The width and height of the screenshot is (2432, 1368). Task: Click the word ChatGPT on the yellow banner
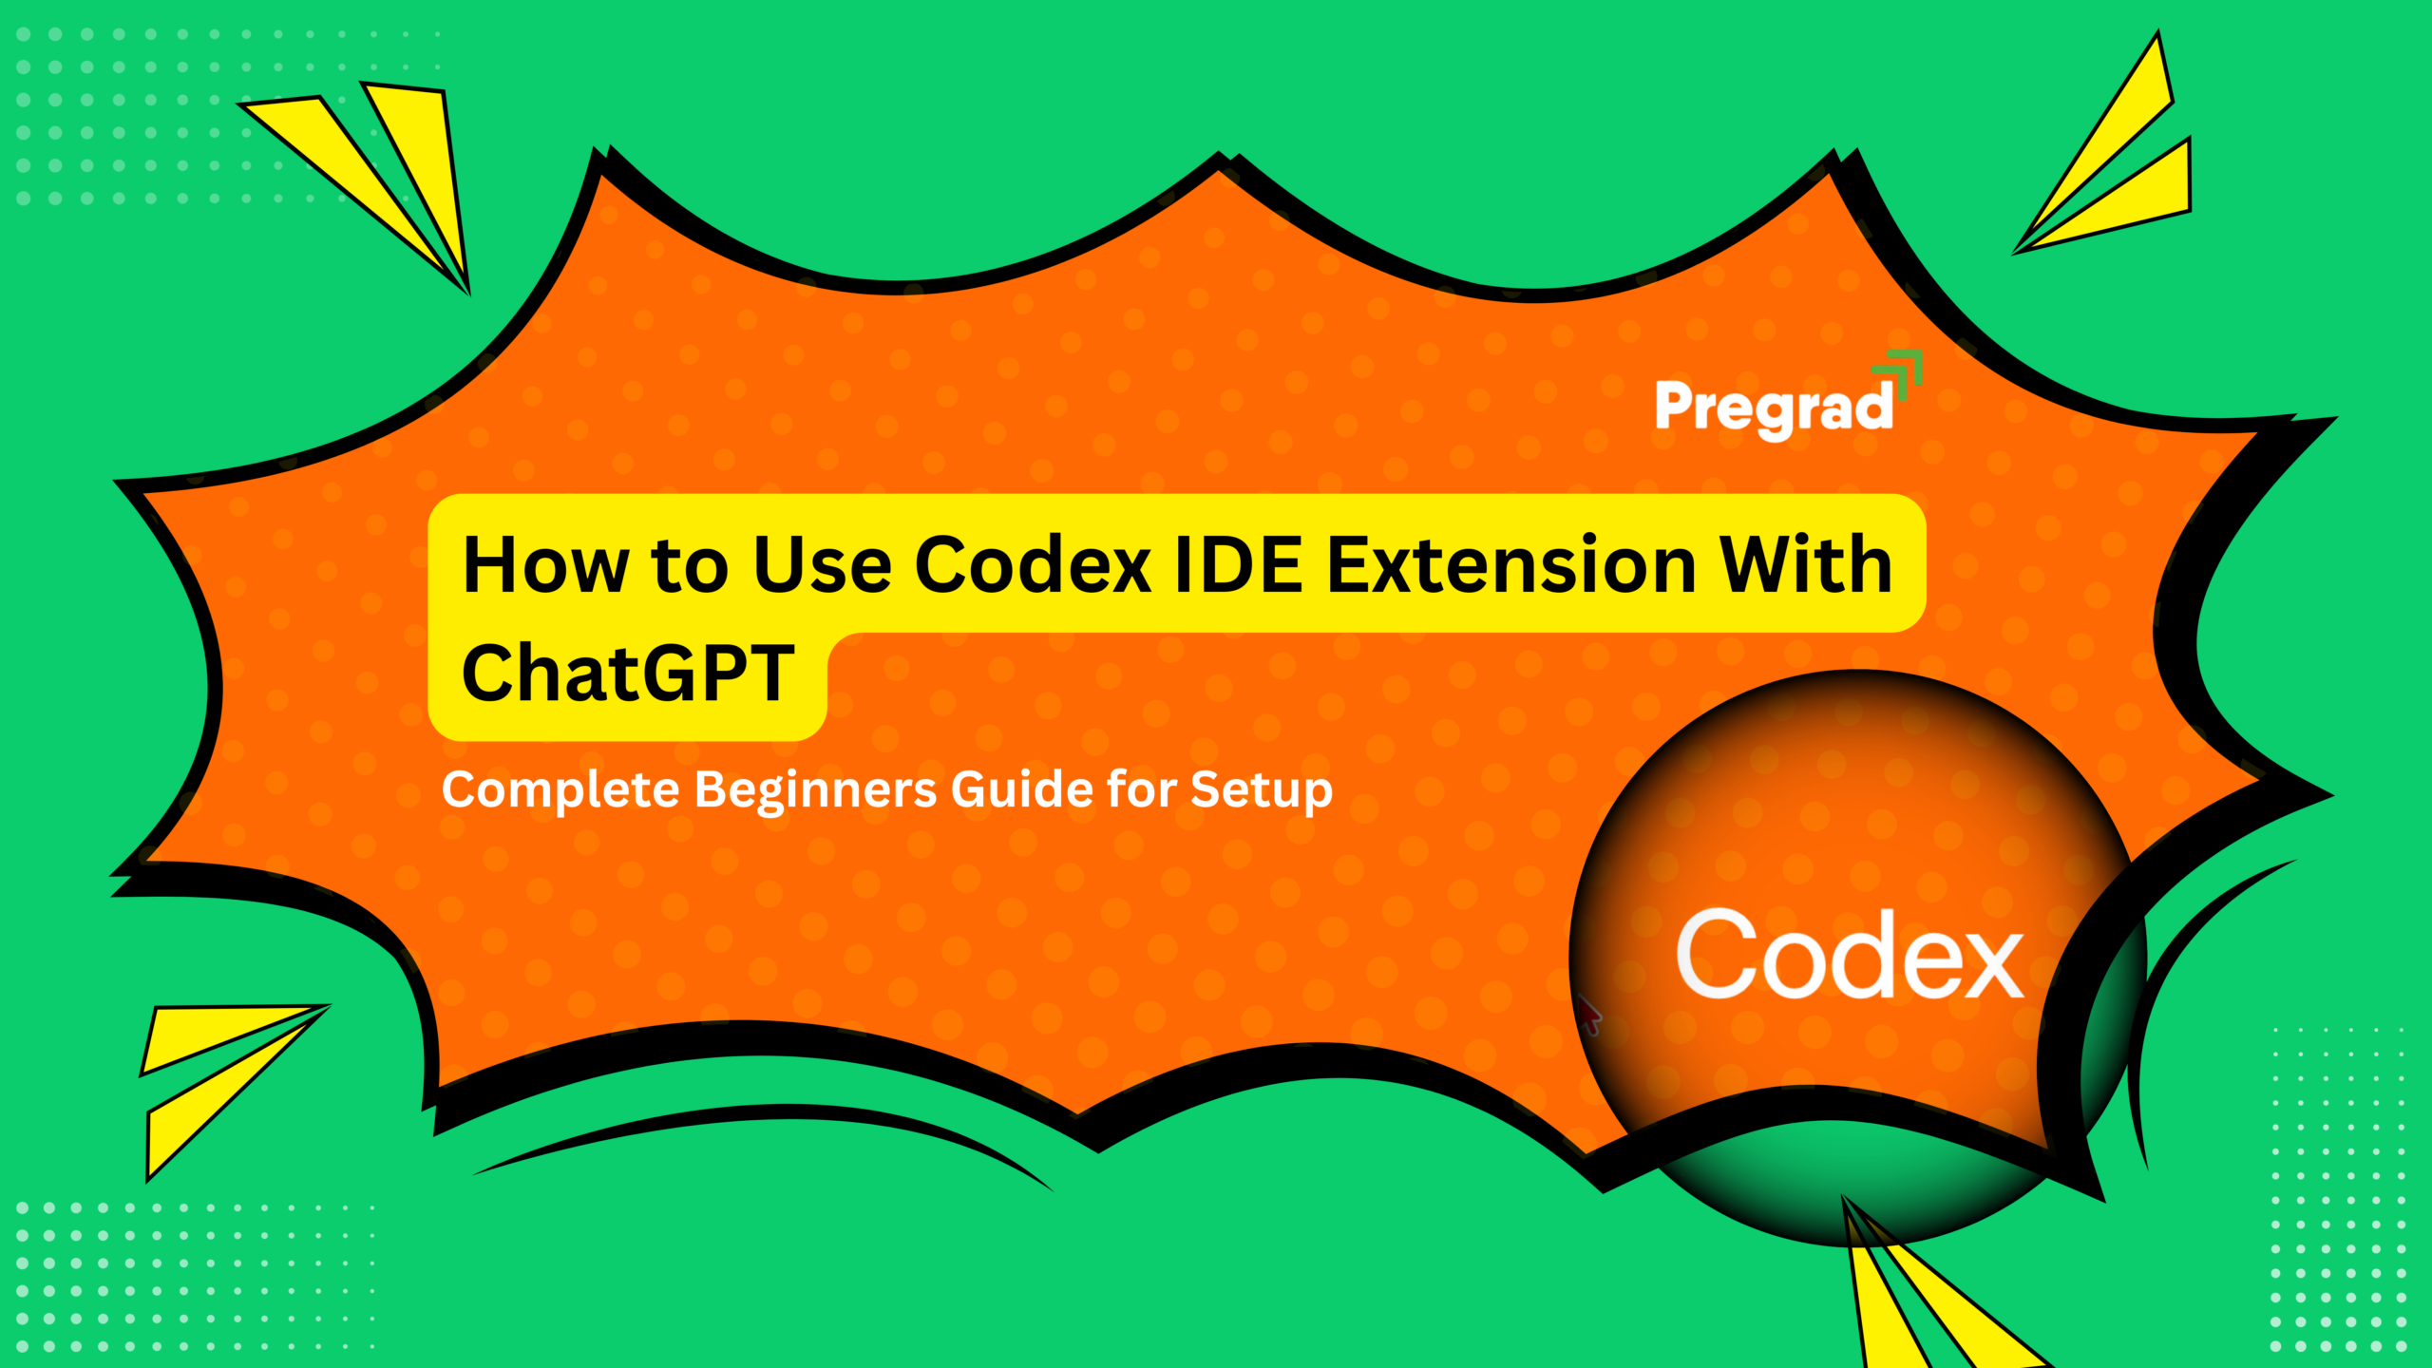[627, 673]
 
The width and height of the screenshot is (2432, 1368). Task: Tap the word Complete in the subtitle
[560, 790]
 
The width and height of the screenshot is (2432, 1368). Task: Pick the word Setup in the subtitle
[1261, 790]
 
